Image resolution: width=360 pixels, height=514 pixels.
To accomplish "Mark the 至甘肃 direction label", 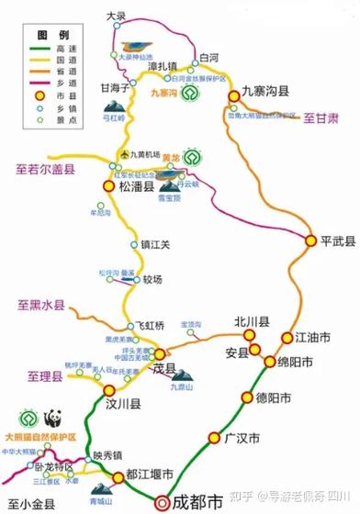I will [x=321, y=118].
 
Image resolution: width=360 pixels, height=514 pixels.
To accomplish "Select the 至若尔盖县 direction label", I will [x=45, y=168].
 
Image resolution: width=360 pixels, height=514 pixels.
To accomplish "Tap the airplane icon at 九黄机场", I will [x=127, y=152].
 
